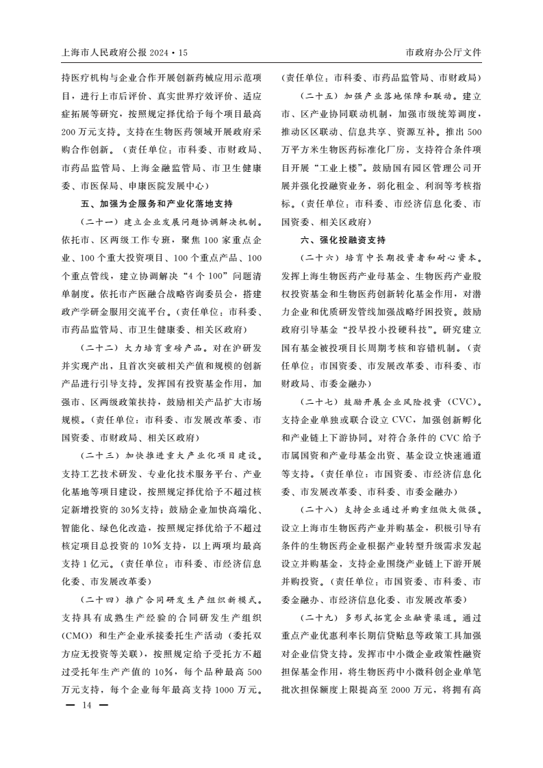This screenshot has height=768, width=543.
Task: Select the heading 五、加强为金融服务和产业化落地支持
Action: coord(157,204)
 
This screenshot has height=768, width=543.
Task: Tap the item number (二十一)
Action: coord(100,222)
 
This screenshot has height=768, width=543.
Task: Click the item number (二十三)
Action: coord(100,455)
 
